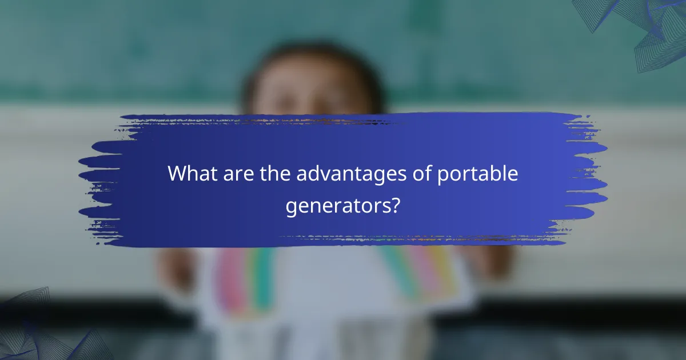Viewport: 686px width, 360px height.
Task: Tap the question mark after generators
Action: pyautogui.click(x=394, y=205)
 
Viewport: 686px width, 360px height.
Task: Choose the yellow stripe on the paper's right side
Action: pyautogui.click(x=443, y=269)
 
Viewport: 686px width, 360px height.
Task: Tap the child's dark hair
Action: pyautogui.click(x=314, y=54)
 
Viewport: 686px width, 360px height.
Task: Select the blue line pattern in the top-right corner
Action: pyautogui.click(x=652, y=29)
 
